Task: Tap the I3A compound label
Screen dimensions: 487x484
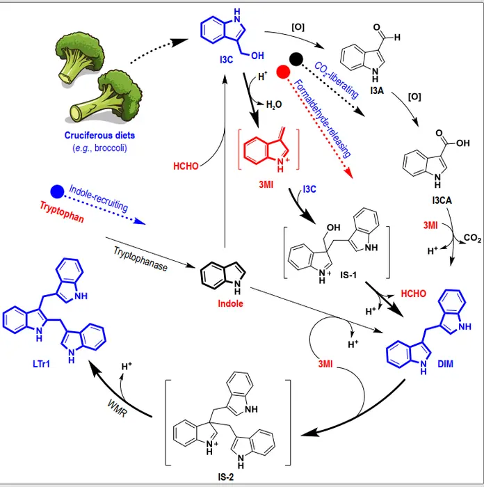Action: pyautogui.click(x=376, y=90)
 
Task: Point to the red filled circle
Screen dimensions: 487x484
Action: pyautogui.click(x=282, y=72)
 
